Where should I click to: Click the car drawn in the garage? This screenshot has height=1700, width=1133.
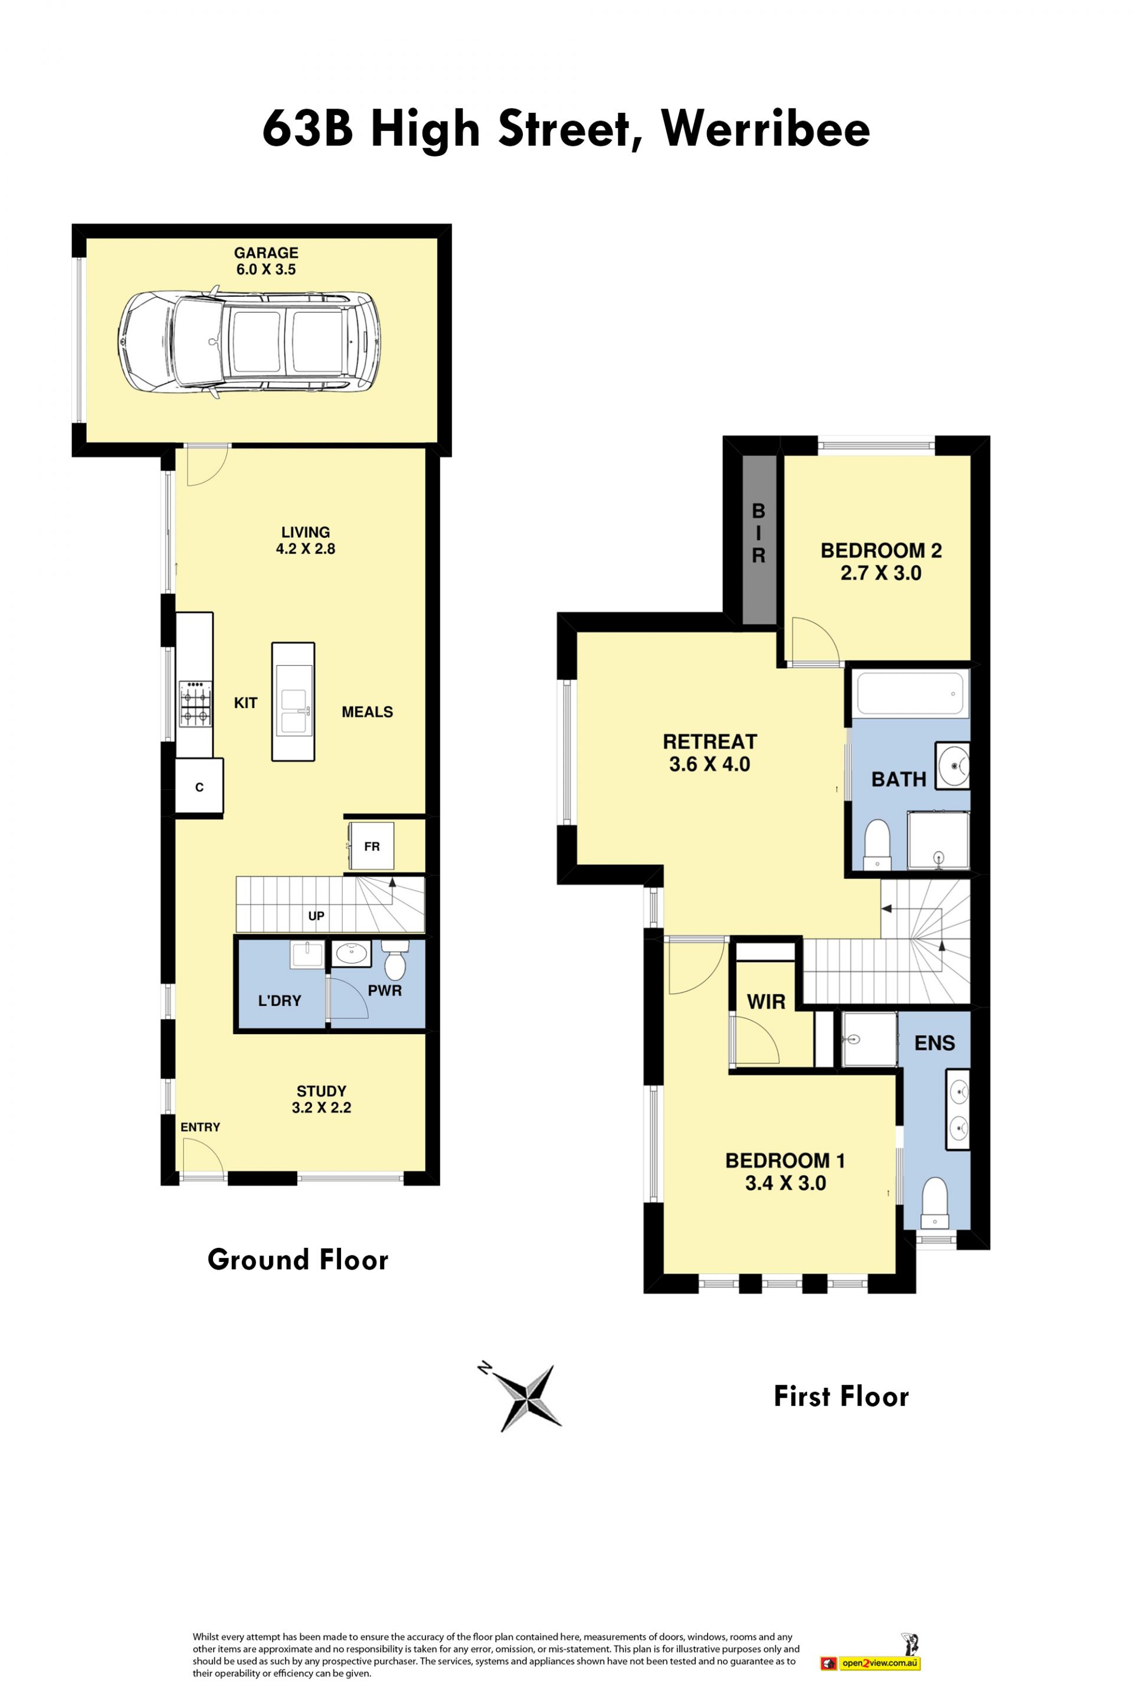coord(249,342)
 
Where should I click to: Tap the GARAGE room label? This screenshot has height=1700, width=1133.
coord(266,253)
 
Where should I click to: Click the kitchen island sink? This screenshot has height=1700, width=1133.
coord(293,701)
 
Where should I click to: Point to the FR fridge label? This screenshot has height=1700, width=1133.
coord(371,846)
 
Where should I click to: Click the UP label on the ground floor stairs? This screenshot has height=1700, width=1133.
coord(316,916)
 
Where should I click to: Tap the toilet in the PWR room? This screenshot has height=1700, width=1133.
coord(395,959)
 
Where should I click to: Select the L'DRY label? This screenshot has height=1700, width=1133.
coord(280,1001)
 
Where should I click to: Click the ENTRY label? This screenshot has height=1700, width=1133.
coord(200,1127)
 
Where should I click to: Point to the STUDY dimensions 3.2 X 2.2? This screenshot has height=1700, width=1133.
coord(322,1107)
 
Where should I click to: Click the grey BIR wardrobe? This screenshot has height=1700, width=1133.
coord(759,539)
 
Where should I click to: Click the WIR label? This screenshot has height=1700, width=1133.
coord(766,1002)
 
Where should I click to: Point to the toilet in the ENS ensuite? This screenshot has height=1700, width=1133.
coord(935,1203)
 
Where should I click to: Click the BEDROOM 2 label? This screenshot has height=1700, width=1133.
coord(881,551)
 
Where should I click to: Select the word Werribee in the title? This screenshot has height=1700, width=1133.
coord(765,129)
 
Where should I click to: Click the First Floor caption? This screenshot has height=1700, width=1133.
coord(841,1397)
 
